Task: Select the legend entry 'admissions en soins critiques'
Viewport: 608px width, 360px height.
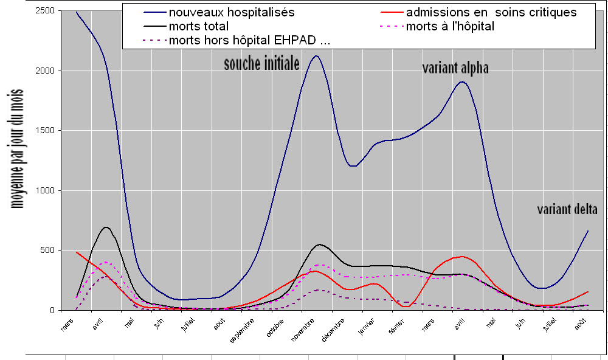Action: pos(491,12)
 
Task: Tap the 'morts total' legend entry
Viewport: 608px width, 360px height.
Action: pos(199,27)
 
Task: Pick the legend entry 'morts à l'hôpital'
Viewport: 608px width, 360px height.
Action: pos(449,27)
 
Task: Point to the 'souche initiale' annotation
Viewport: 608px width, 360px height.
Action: pos(261,63)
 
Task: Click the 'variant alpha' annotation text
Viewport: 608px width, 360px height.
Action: pos(455,68)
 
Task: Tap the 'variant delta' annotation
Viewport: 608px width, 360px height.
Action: pos(567,210)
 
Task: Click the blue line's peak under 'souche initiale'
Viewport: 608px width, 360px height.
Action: pos(316,56)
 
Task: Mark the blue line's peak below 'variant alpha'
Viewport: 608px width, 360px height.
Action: pos(462,81)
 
